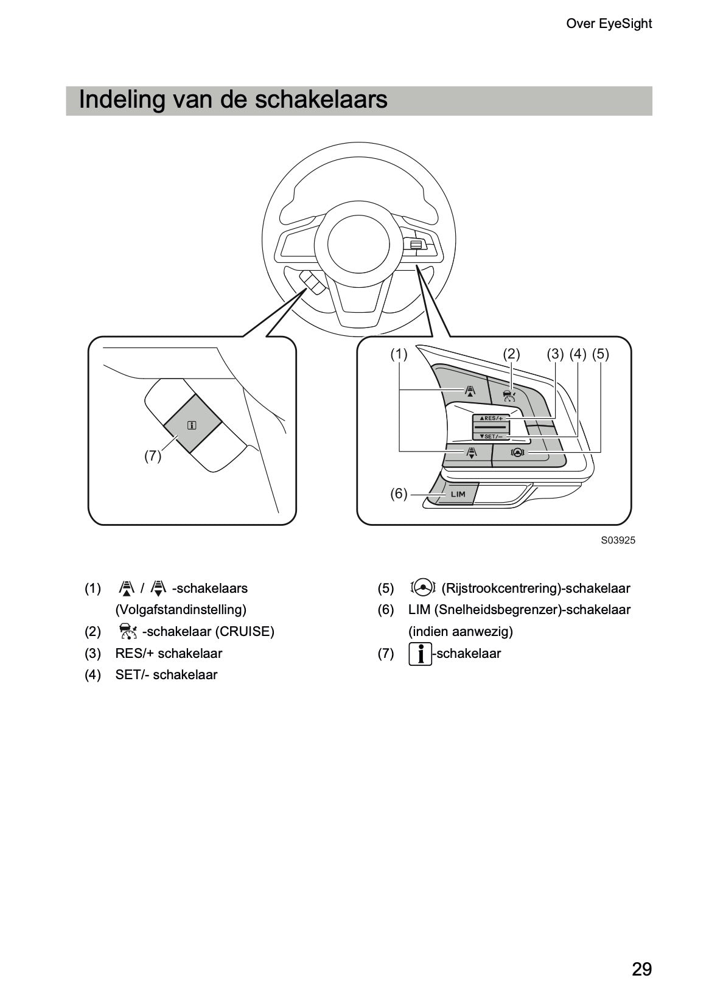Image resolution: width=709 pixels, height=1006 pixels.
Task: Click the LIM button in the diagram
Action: [x=458, y=494]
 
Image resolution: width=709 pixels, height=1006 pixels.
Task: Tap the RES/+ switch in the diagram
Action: [x=491, y=419]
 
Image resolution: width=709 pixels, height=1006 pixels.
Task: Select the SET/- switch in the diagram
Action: [x=491, y=436]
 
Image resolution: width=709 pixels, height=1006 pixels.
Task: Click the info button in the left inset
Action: [x=192, y=425]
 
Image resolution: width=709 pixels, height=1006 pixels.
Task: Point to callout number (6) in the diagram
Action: [x=399, y=494]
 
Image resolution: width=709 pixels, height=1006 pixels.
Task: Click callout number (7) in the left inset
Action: [x=153, y=456]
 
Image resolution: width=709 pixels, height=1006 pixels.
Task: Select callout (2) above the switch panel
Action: [x=511, y=354]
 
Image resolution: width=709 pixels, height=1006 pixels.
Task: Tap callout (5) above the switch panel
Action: [x=600, y=354]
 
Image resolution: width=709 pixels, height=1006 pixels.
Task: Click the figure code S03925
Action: [x=618, y=540]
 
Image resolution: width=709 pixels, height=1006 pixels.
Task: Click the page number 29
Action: [x=641, y=969]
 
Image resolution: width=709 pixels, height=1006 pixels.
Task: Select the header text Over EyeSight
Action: [x=609, y=24]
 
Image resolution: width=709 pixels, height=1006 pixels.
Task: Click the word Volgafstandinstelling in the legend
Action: [x=181, y=610]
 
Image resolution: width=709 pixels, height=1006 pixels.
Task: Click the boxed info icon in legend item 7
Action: [x=420, y=654]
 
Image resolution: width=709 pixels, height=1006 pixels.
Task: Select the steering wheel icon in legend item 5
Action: [x=423, y=587]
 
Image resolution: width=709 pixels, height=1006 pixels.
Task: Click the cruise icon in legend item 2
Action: [x=128, y=631]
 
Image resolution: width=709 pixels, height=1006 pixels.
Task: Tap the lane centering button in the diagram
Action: [x=517, y=452]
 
